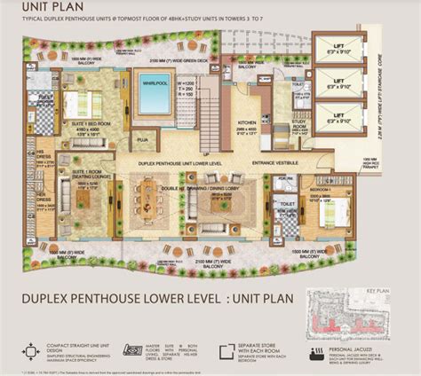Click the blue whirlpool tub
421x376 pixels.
[x=152, y=91]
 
